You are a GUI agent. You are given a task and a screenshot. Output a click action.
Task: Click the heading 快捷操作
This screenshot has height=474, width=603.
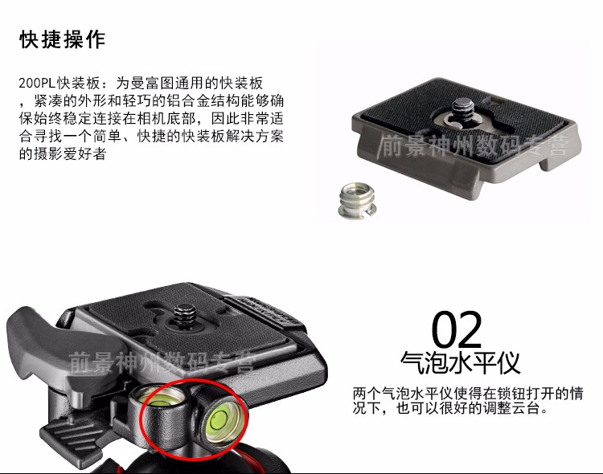click(62, 39)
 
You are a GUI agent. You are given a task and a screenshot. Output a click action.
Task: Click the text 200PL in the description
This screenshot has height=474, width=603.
click(37, 83)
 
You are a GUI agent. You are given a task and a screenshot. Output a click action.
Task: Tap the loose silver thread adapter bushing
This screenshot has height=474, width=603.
click(357, 201)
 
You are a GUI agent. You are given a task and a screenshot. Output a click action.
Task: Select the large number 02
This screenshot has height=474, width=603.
click(457, 329)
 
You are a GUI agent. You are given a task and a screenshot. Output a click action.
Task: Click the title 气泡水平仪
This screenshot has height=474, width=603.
click(461, 362)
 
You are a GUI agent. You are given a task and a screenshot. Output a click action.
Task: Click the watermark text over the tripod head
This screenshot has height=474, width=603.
click(162, 362)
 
